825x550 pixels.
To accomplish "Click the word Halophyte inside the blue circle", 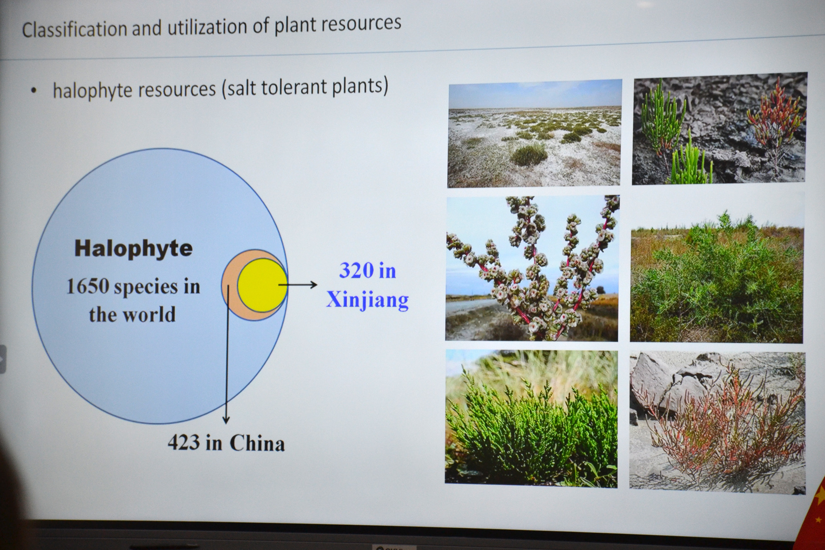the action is tap(134, 249).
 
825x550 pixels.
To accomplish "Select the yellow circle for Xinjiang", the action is tap(262, 285).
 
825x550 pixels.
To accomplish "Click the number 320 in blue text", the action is tap(357, 271).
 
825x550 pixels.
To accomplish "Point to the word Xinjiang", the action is tap(367, 300).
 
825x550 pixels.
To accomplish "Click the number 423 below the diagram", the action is tap(184, 442).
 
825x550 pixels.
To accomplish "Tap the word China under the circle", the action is tap(257, 443).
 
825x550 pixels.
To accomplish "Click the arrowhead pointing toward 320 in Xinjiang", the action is tap(313, 285).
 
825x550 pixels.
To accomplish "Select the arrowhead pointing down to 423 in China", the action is tap(226, 420).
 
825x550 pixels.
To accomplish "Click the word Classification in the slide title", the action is tap(74, 29).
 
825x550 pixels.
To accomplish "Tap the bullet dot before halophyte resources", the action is tap(33, 91).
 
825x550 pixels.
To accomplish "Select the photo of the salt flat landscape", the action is tap(534, 133).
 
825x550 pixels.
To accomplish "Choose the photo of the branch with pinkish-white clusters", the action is tap(532, 268).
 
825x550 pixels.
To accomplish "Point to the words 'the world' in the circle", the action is tap(133, 315).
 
